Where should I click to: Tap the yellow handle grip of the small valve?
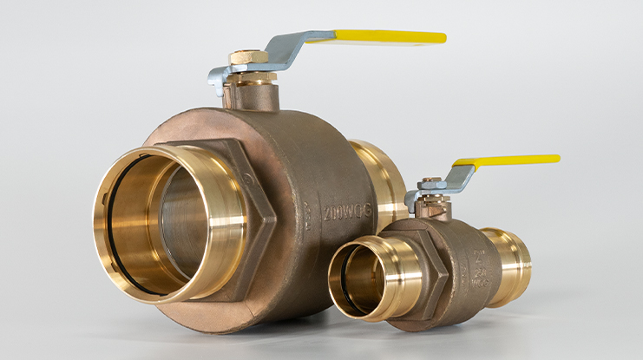512,160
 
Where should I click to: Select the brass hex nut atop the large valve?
249,57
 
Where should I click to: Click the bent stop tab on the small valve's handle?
410,202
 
